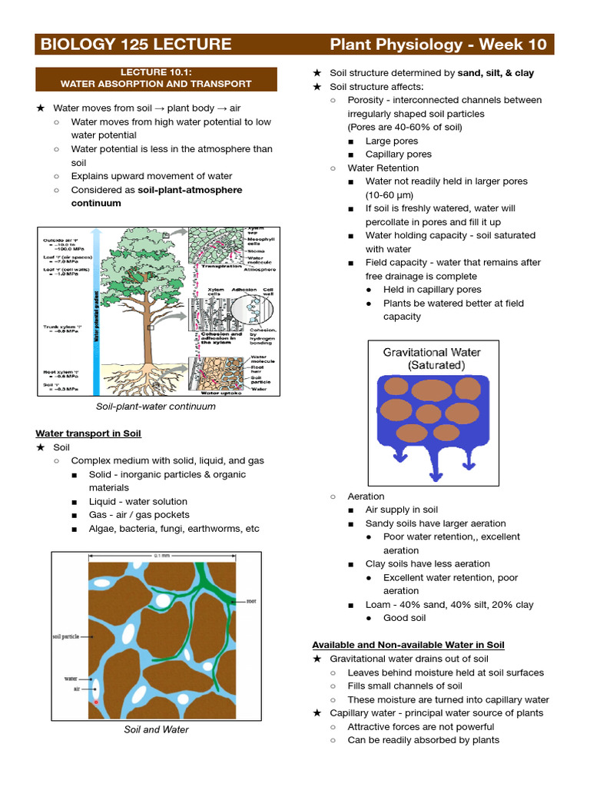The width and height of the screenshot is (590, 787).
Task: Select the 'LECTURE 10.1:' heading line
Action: click(157, 71)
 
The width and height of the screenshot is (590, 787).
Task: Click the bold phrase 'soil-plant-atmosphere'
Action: click(190, 190)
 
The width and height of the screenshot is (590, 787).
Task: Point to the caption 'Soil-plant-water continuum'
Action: click(156, 406)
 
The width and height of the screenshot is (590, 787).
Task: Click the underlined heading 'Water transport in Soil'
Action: click(88, 433)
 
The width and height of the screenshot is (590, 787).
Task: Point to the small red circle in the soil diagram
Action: click(95, 702)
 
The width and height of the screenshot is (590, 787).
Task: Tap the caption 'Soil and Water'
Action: click(156, 729)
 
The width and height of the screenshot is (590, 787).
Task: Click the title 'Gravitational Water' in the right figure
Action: click(433, 353)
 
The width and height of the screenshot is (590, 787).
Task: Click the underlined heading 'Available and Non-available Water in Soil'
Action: click(408, 645)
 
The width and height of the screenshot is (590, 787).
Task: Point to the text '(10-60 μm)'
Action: click(393, 194)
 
